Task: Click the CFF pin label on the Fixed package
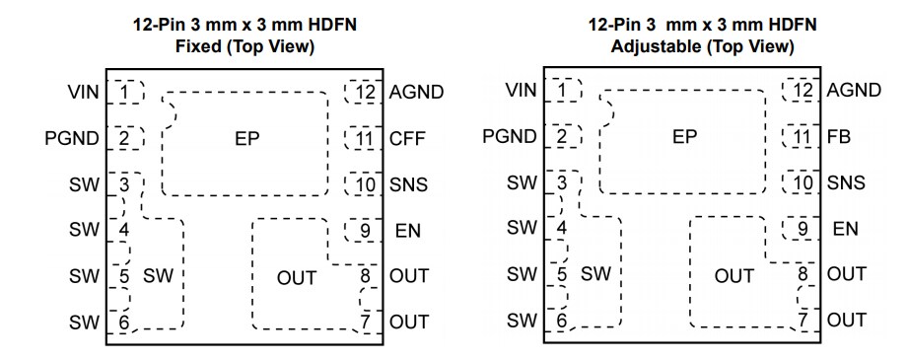click(407, 138)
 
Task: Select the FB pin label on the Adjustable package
click(839, 137)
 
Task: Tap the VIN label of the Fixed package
click(84, 92)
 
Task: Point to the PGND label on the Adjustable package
click(507, 136)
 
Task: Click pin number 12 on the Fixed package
click(366, 94)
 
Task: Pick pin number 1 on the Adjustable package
click(562, 92)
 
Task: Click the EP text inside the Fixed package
click(246, 138)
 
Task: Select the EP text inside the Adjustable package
click(684, 137)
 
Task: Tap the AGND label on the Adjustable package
click(854, 91)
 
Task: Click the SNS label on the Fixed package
click(407, 183)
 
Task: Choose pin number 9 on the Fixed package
click(365, 231)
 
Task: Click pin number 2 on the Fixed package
click(124, 137)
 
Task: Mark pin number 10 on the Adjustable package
click(803, 182)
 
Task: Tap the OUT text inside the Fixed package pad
click(297, 277)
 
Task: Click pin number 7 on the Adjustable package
click(804, 320)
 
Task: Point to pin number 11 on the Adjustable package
click(803, 137)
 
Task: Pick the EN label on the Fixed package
click(408, 230)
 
